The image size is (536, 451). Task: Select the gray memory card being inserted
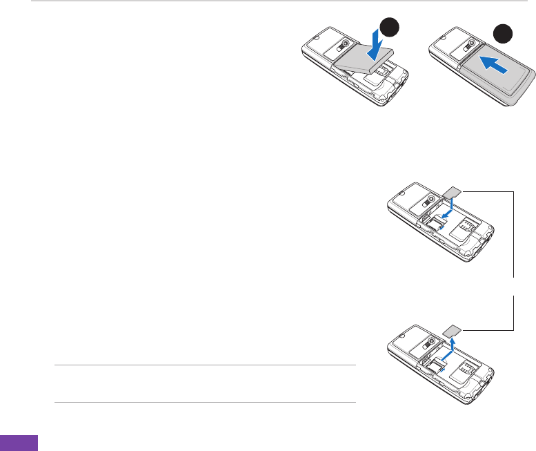(x=454, y=191)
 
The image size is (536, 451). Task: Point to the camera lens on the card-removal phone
(x=430, y=340)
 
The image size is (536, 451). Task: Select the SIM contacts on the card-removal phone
(x=468, y=365)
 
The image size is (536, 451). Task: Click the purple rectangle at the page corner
(x=19, y=443)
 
